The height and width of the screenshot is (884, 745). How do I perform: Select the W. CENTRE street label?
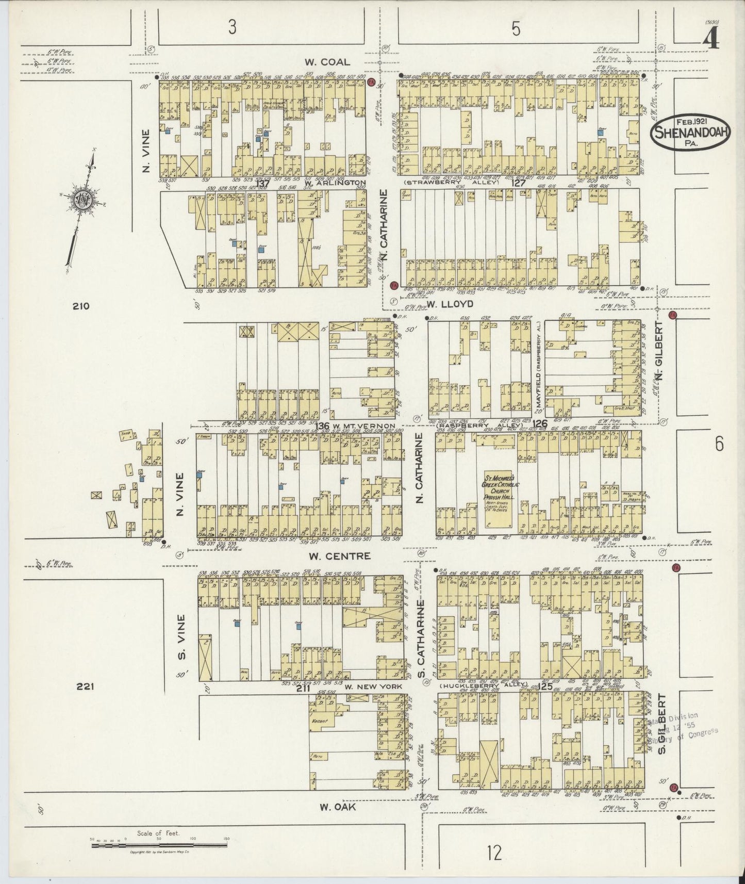[339, 556]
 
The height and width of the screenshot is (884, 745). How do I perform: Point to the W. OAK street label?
[338, 807]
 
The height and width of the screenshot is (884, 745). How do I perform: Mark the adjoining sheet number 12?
[493, 853]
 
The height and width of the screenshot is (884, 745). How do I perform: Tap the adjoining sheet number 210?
[81, 306]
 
